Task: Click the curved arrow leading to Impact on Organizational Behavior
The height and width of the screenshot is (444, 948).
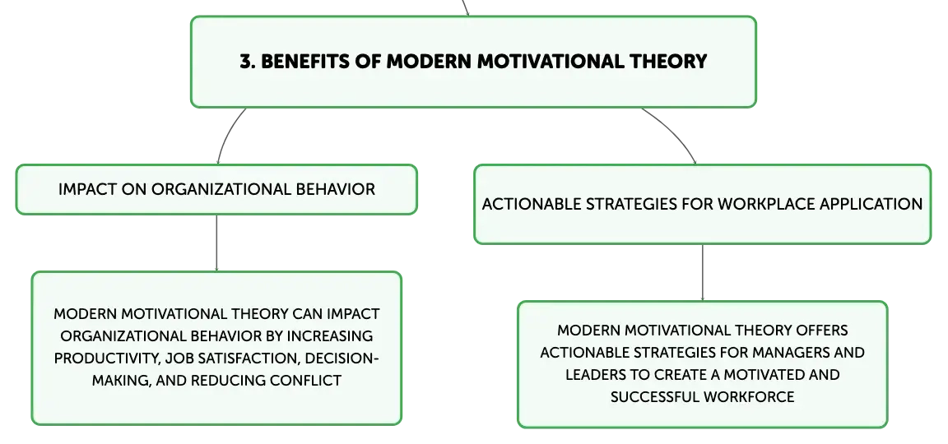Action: pyautogui.click(x=227, y=133)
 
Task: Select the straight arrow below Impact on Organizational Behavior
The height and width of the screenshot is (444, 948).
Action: pyautogui.click(x=216, y=243)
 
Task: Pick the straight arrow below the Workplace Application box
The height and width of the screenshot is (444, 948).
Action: pyautogui.click(x=703, y=272)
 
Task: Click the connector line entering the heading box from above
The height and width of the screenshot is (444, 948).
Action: pyautogui.click(x=465, y=8)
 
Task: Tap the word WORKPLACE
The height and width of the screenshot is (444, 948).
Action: pyautogui.click(x=766, y=204)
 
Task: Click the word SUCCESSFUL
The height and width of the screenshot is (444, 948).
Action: pyautogui.click(x=655, y=397)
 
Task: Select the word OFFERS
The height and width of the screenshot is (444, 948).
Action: pyautogui.click(x=822, y=331)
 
